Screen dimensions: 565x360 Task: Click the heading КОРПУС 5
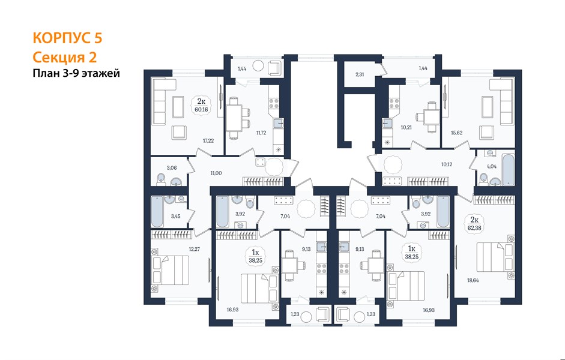click(x=67, y=38)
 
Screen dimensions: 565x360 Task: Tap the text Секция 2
click(x=65, y=57)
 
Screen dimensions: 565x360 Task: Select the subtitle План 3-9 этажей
click(x=76, y=73)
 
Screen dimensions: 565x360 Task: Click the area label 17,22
click(x=208, y=141)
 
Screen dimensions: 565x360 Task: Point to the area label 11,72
click(x=261, y=133)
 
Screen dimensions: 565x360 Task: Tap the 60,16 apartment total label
click(x=202, y=109)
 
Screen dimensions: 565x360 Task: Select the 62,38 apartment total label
click(x=474, y=227)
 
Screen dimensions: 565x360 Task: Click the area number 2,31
click(x=360, y=74)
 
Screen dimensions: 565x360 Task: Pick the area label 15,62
click(x=456, y=133)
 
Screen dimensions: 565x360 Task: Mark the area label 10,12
click(x=447, y=164)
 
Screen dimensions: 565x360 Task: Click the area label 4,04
click(x=492, y=166)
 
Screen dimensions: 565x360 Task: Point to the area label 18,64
click(x=473, y=280)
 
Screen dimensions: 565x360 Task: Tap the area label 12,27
click(x=194, y=249)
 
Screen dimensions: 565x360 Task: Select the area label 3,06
click(x=172, y=167)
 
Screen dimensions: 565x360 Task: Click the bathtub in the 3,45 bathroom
click(x=157, y=211)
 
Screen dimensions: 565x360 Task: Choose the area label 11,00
click(x=216, y=173)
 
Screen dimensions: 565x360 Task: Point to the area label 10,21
click(x=406, y=127)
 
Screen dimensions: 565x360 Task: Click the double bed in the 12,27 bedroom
click(x=171, y=271)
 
